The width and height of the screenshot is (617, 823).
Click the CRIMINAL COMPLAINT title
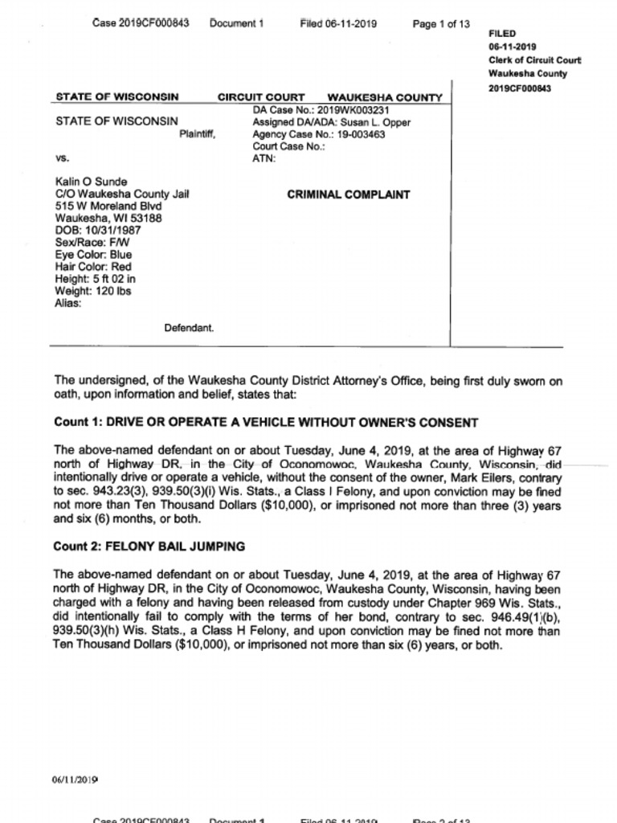click(x=348, y=194)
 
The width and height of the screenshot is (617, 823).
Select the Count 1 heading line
click(x=266, y=422)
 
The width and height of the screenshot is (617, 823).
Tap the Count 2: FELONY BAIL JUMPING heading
click(x=149, y=547)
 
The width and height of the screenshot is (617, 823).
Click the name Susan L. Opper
click(x=375, y=123)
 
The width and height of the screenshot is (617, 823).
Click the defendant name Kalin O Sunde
click(x=91, y=182)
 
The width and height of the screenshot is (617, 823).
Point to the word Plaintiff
click(x=198, y=135)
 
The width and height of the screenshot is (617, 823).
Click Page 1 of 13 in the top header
click(x=441, y=24)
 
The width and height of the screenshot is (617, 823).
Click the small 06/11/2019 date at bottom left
click(x=76, y=779)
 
